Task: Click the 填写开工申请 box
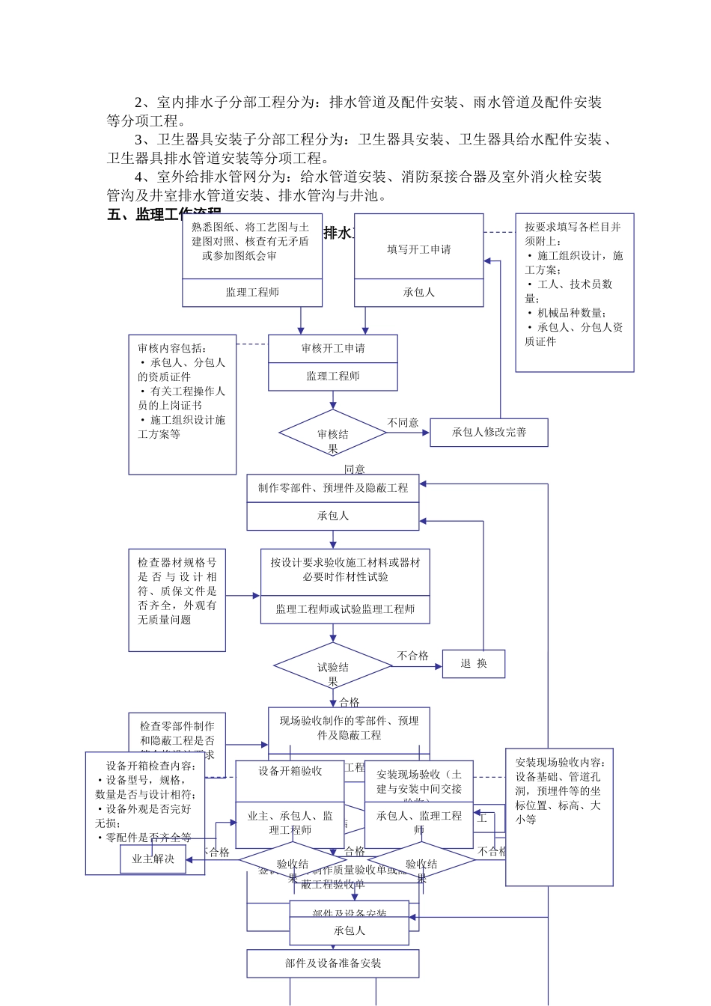click(x=418, y=249)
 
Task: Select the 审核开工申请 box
click(x=333, y=348)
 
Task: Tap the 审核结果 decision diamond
click(x=333, y=433)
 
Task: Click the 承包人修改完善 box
click(x=489, y=433)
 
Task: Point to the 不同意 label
click(x=403, y=423)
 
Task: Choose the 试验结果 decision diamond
click(x=333, y=666)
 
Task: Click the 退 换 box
click(x=474, y=664)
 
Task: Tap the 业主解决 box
click(x=153, y=859)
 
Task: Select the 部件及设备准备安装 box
click(x=333, y=963)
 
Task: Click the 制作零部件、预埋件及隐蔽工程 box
click(x=333, y=488)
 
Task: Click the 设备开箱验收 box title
click(x=290, y=771)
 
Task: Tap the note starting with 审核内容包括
click(x=182, y=404)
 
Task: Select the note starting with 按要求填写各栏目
click(x=574, y=292)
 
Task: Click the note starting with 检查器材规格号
click(x=177, y=600)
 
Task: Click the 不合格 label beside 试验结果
click(x=413, y=656)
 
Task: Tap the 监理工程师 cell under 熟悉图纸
click(x=252, y=293)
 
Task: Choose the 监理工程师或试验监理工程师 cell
click(x=345, y=609)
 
